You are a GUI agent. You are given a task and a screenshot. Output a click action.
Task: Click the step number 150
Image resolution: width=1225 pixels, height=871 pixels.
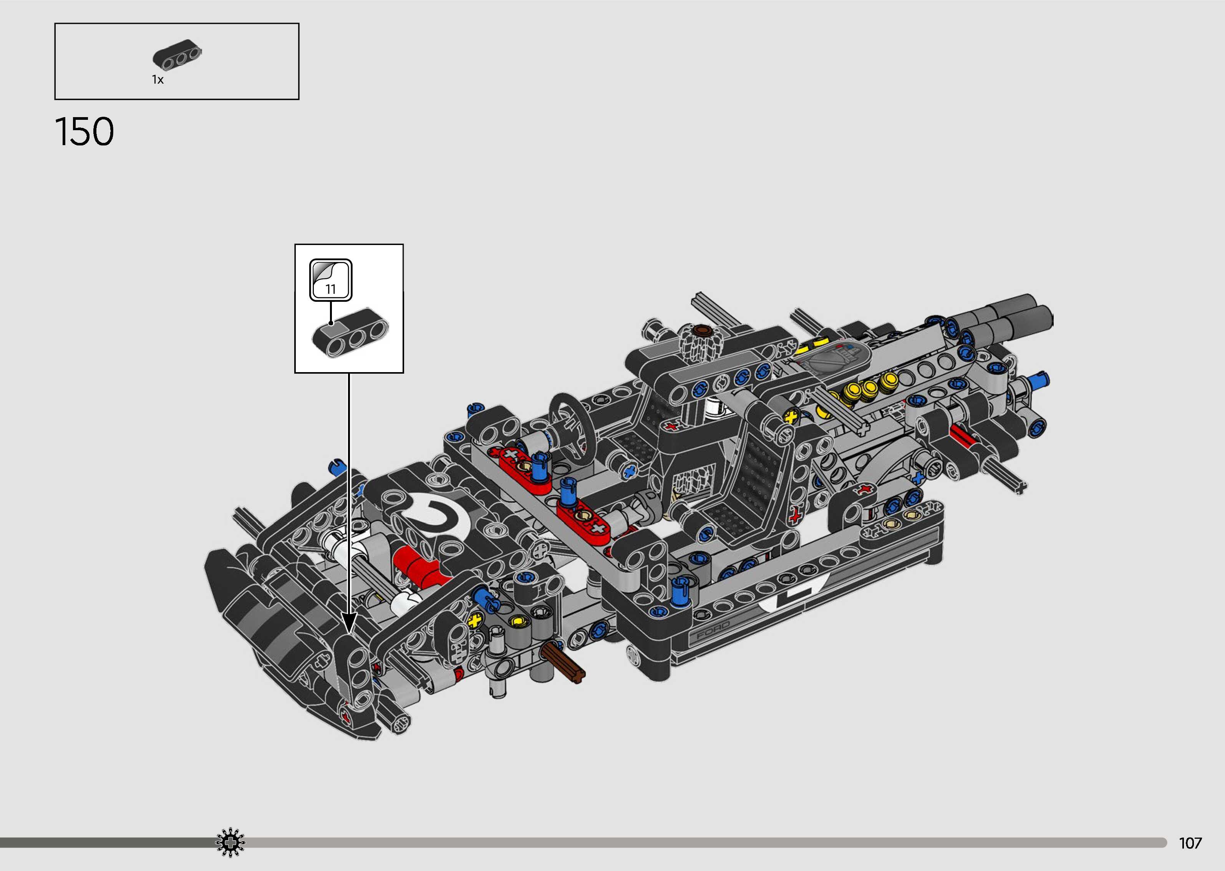click(x=84, y=132)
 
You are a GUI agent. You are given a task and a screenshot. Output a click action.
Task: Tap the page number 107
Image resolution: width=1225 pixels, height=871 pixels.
click(x=1190, y=843)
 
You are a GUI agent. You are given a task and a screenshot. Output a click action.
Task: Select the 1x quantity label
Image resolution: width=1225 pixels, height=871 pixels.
click(x=157, y=80)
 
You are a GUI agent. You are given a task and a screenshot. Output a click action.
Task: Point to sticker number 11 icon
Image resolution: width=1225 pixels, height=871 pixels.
click(x=331, y=280)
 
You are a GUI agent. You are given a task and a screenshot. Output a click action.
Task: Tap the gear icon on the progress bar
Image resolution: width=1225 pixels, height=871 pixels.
click(x=230, y=843)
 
